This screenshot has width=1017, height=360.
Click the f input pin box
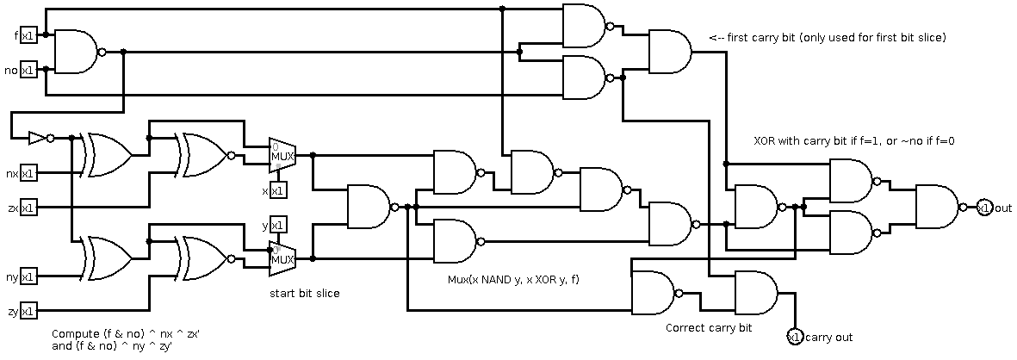(x=28, y=35)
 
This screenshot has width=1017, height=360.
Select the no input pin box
(x=28, y=70)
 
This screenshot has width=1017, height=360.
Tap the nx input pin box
(x=28, y=173)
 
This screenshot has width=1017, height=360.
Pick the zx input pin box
(x=28, y=208)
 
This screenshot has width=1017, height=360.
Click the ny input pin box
(x=28, y=276)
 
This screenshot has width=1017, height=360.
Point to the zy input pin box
(x=28, y=311)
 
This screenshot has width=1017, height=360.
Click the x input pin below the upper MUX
(x=278, y=189)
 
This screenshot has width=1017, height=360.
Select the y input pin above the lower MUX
(x=278, y=225)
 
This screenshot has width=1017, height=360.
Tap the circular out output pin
(x=984, y=208)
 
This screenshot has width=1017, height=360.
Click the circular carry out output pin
(x=795, y=336)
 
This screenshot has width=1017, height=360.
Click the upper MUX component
(x=282, y=155)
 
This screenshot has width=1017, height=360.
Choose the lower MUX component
(x=282, y=258)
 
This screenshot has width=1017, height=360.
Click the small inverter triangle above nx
(x=38, y=138)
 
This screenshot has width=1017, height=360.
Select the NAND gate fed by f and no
(x=76, y=52)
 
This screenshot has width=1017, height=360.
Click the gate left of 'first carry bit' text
(x=669, y=52)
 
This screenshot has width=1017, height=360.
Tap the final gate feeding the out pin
(x=936, y=207)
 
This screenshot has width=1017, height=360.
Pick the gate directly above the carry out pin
(x=755, y=293)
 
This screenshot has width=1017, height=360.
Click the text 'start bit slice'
(x=305, y=294)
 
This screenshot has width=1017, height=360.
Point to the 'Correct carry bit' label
(x=709, y=328)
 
